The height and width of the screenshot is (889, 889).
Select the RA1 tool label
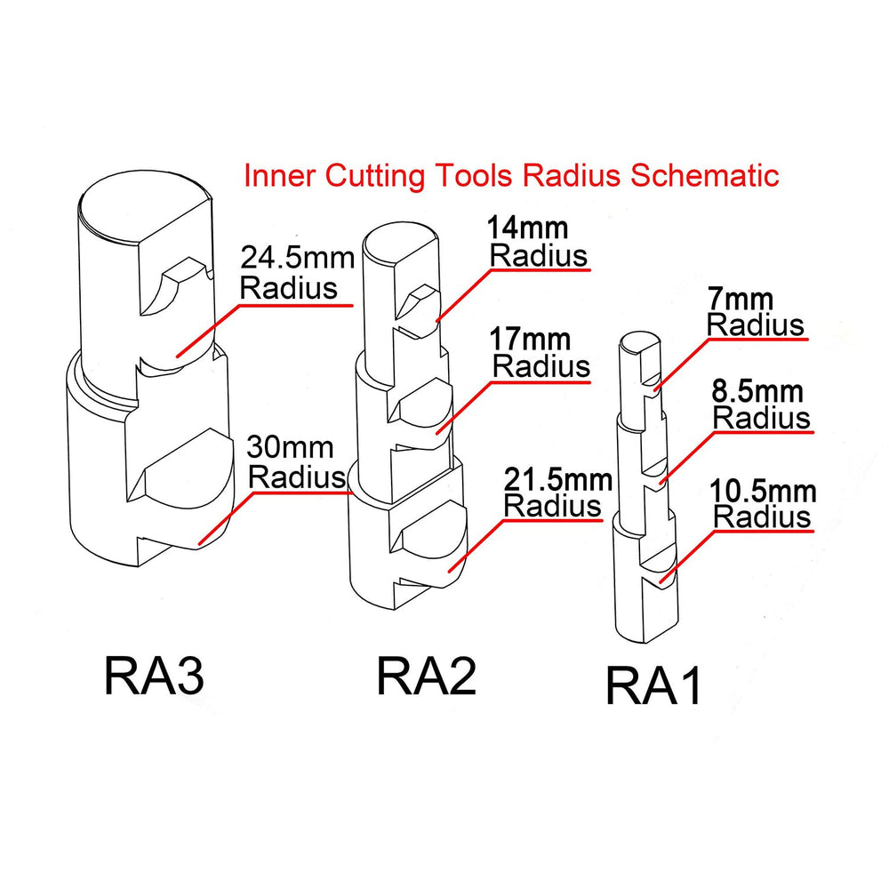653,685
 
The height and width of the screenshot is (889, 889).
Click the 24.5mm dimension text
297,260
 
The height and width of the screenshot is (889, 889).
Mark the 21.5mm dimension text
557,481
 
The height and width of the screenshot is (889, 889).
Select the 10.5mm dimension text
763,491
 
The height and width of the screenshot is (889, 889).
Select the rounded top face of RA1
638,340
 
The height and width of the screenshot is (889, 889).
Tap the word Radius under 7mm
755,325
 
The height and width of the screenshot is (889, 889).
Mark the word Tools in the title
472,175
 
